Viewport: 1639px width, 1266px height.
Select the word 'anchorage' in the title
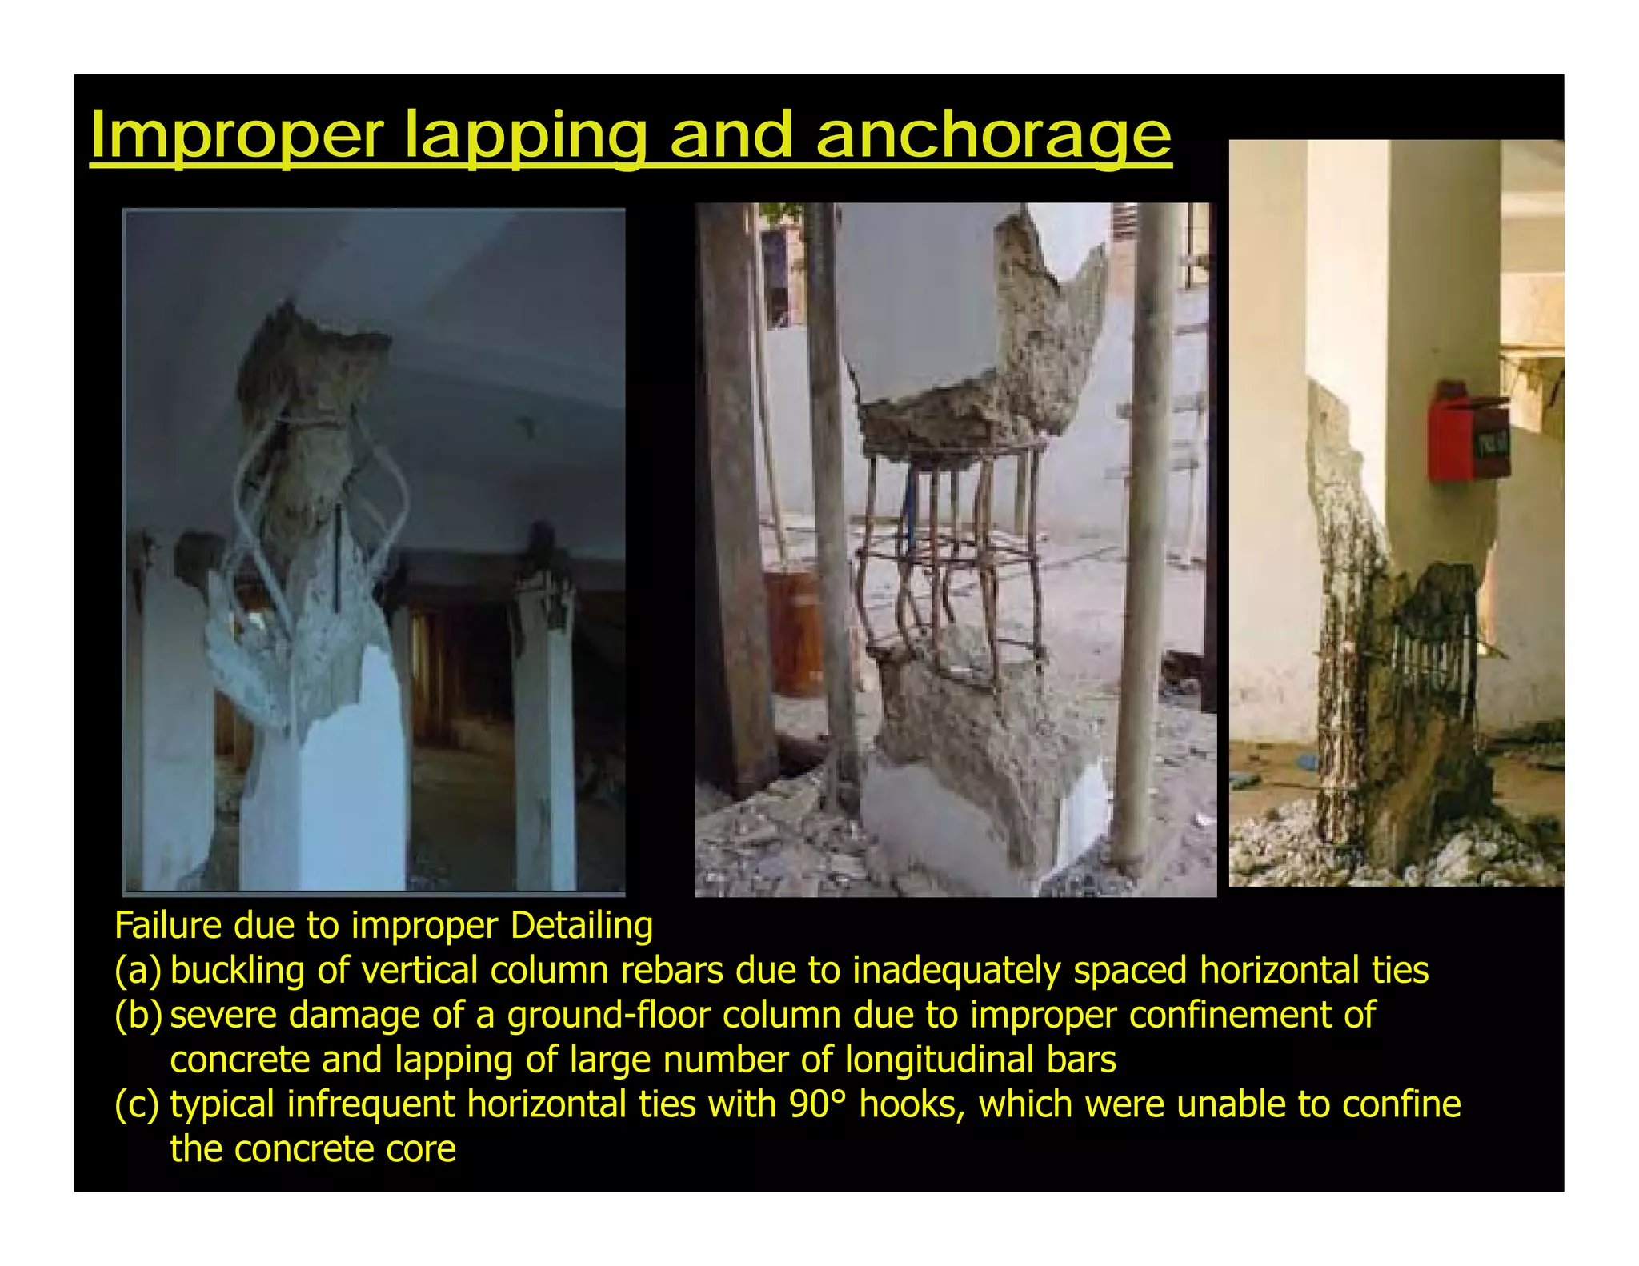click(x=993, y=136)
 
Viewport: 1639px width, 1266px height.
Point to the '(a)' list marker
click(x=137, y=971)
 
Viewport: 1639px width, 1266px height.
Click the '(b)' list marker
click(x=138, y=1016)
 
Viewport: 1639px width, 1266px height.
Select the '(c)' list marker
click(x=137, y=1105)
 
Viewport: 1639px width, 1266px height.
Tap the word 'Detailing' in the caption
click(x=581, y=926)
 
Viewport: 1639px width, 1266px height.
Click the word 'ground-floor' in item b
click(x=608, y=1016)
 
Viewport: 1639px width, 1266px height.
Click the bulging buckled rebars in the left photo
click(x=320, y=496)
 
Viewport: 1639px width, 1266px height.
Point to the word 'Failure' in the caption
click(x=168, y=926)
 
